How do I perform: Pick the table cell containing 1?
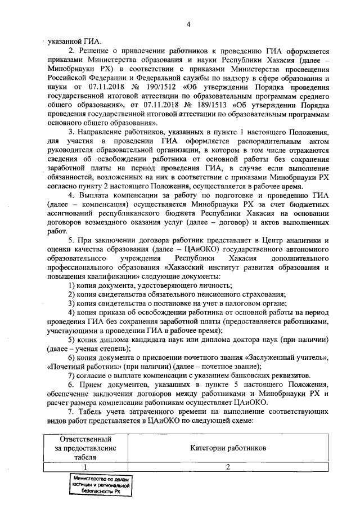coord(86,467)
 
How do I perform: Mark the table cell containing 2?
coord(228,467)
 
